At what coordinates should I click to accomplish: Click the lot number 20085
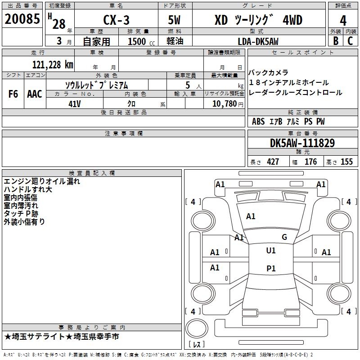22,19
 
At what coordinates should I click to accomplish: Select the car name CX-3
116,20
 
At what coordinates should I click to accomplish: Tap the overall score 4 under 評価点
343,20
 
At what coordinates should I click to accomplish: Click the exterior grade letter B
336,41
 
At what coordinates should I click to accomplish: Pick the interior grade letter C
350,41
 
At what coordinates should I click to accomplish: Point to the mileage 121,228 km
53,65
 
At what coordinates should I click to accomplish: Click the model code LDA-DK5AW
258,41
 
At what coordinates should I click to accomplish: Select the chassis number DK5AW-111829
302,143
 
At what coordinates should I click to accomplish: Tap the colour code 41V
75,104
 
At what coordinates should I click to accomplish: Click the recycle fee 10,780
224,104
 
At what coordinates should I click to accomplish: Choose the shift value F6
13,94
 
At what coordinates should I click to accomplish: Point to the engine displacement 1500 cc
141,41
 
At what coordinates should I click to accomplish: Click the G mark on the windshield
284,237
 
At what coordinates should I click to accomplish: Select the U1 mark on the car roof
271,251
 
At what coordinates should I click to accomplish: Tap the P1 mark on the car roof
271,268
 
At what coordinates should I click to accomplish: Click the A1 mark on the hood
251,216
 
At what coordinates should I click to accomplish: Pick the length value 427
273,162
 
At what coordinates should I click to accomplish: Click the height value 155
346,162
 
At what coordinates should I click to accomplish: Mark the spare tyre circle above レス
197,328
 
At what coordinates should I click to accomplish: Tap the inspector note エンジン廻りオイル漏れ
42,181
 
